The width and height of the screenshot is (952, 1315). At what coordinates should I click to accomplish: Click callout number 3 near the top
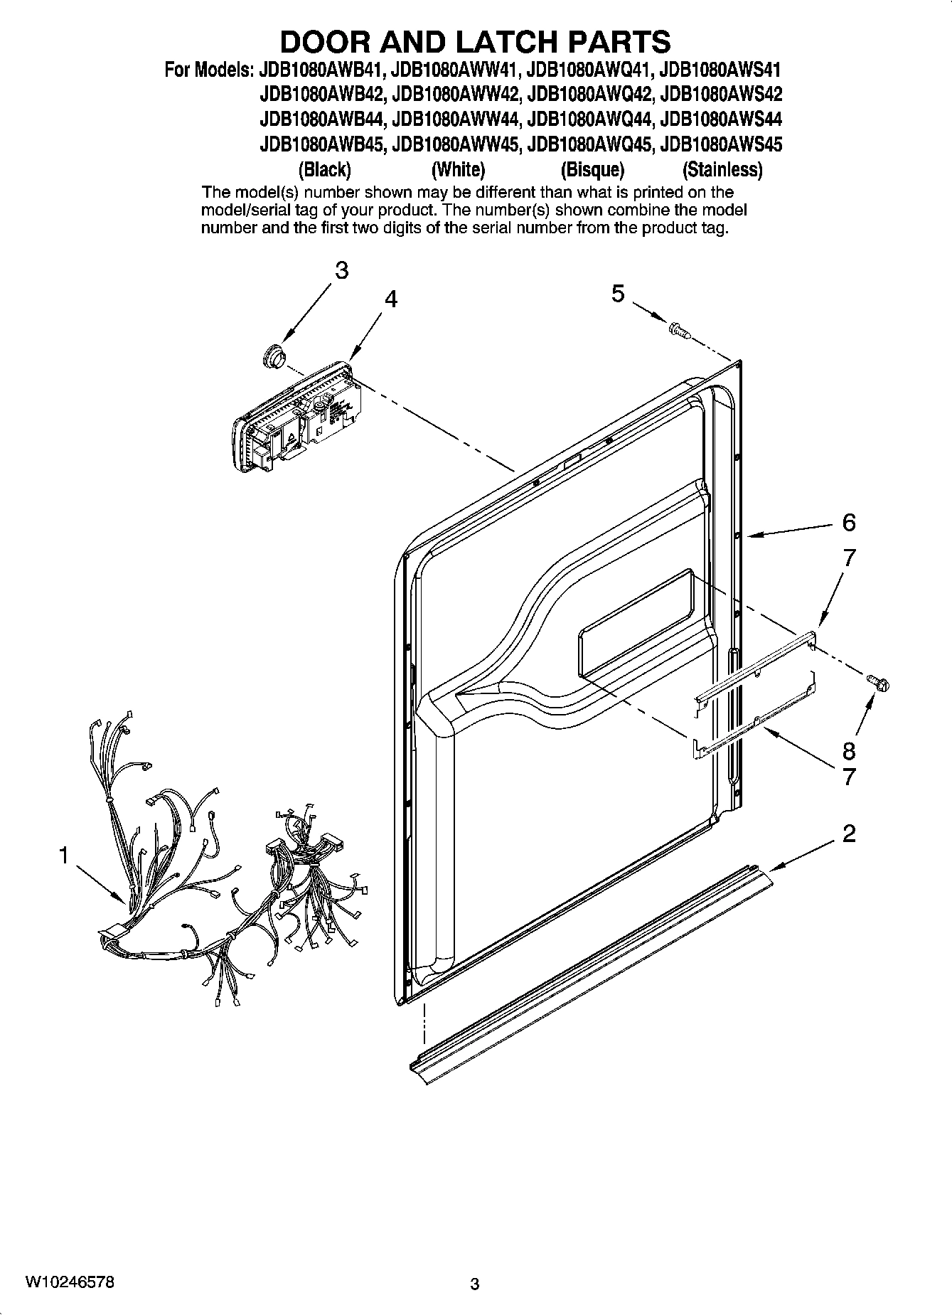[342, 271]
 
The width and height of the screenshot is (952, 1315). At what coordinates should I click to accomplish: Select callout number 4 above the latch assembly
[390, 299]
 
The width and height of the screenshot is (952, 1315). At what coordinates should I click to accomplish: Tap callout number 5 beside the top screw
[618, 293]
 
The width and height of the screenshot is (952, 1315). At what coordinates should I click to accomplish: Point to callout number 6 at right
[849, 523]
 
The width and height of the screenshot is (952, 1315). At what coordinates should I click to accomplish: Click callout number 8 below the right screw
[848, 750]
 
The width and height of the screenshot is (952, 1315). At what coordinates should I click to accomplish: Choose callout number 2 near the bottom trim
[849, 834]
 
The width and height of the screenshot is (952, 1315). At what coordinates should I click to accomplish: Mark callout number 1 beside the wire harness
[63, 855]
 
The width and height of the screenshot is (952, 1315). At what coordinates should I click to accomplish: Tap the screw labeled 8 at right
[879, 682]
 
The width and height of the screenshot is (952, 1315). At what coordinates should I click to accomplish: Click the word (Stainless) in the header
[722, 170]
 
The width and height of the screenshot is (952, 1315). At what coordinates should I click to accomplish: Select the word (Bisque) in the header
[592, 170]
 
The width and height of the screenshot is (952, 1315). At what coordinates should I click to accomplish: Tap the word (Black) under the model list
[324, 170]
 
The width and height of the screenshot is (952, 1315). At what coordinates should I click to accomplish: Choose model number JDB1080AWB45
[323, 144]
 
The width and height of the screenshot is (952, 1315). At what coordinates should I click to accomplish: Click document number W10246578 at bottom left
[68, 1282]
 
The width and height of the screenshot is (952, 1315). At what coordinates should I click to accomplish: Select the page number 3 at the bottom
[475, 1284]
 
